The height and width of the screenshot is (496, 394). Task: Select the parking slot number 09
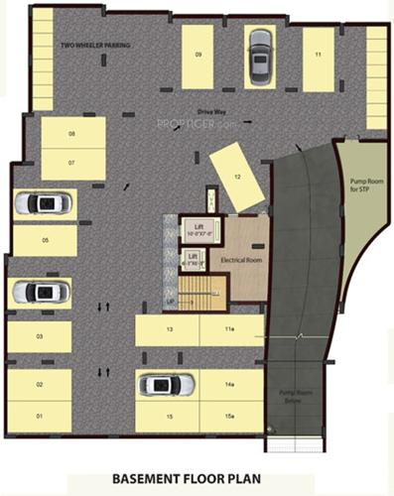click(198, 54)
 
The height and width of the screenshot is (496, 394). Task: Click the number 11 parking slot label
click(319, 54)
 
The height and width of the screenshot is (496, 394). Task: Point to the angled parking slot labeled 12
click(237, 176)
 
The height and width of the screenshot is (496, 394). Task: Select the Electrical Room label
click(240, 260)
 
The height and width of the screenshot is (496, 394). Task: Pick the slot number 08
click(72, 133)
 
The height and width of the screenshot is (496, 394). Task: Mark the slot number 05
click(45, 240)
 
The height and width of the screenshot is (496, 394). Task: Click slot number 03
click(40, 337)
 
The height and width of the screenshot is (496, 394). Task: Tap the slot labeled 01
click(40, 415)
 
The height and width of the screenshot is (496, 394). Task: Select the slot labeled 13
click(170, 328)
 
